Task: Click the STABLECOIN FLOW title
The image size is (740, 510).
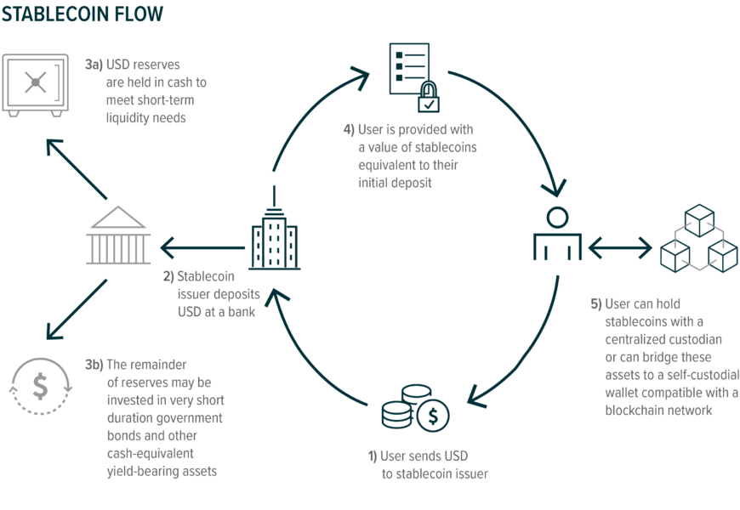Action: click(82, 14)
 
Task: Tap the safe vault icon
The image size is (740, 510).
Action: click(34, 84)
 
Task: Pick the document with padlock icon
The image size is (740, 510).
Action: click(413, 76)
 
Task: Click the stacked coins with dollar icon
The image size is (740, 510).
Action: click(415, 409)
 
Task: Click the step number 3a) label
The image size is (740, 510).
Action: click(94, 65)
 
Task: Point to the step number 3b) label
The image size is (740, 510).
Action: click(94, 365)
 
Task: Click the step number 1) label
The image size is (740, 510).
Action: click(372, 456)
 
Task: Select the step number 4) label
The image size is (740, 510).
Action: click(348, 130)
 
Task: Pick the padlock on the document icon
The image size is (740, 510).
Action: click(428, 99)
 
